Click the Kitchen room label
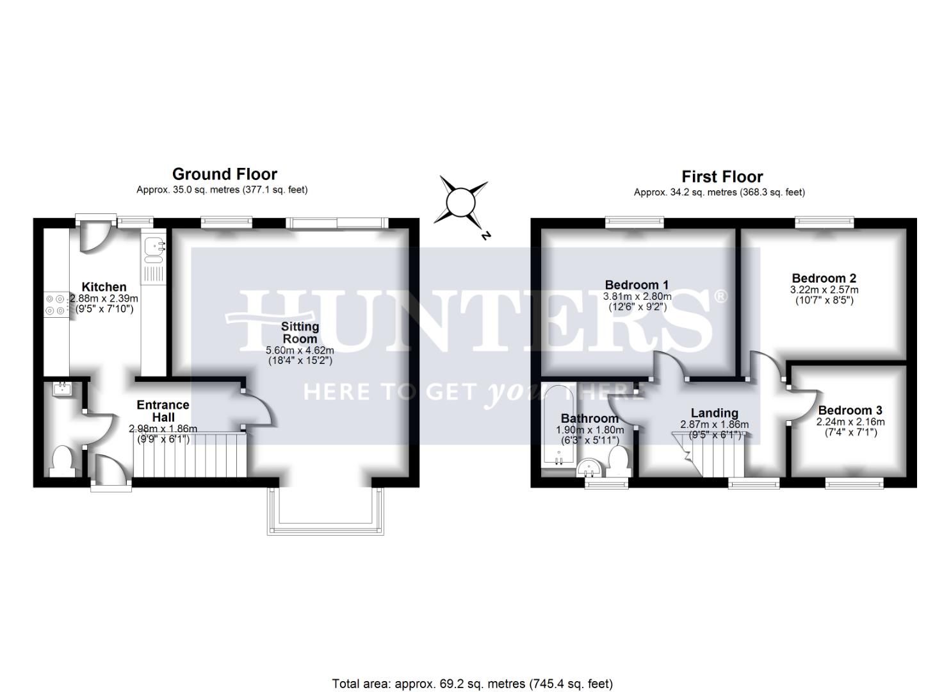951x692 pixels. [104, 287]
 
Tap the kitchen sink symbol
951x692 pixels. [154, 251]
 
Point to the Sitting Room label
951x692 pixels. [300, 333]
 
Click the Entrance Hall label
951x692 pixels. [163, 411]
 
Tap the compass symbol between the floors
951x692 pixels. [460, 204]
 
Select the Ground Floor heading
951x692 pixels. [224, 174]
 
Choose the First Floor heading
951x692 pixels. [722, 177]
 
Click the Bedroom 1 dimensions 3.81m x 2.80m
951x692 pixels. [637, 296]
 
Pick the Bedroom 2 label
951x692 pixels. [824, 278]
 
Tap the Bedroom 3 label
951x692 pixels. [850, 410]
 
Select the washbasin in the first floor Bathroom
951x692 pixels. [590, 468]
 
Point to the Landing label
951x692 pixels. [714, 413]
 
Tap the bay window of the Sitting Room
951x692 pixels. [326, 512]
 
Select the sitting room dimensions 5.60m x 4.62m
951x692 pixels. [300, 350]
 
